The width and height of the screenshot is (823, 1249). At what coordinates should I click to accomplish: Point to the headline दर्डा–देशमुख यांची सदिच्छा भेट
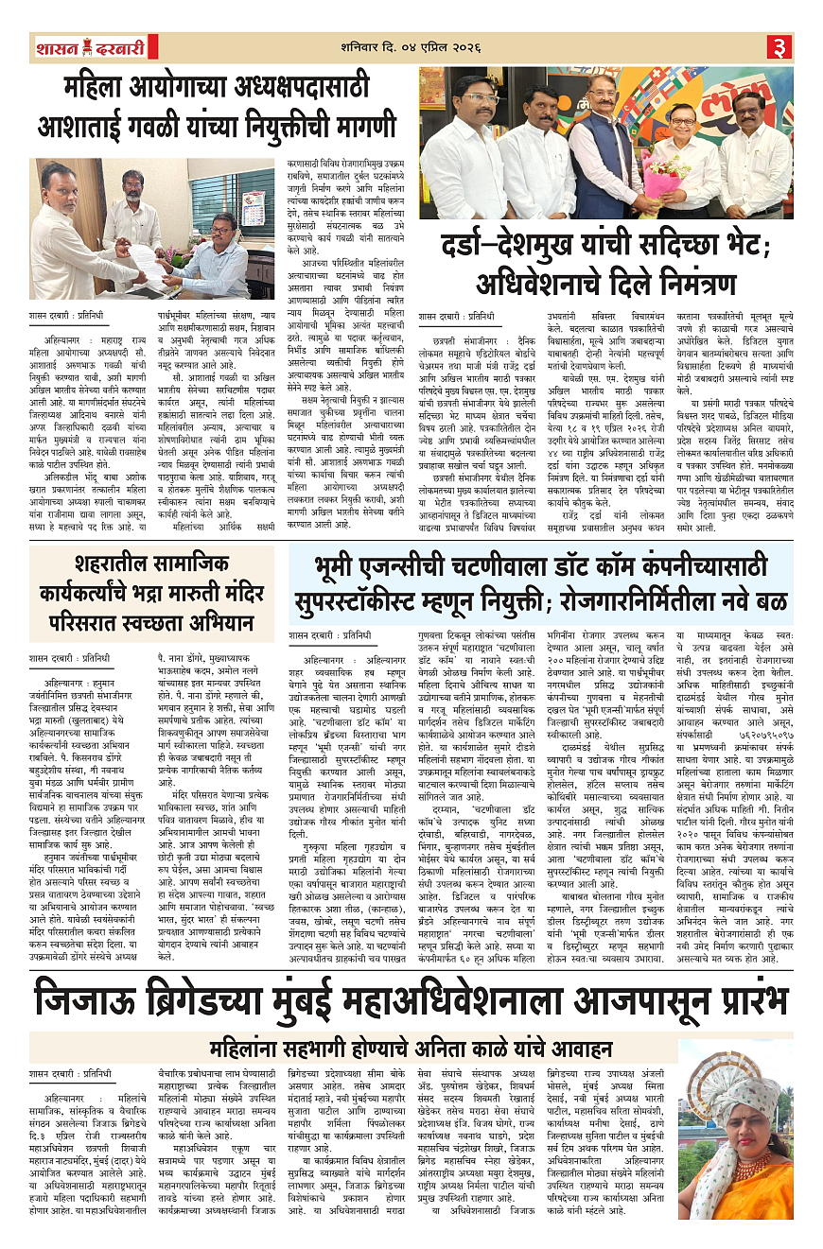tap(605, 249)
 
